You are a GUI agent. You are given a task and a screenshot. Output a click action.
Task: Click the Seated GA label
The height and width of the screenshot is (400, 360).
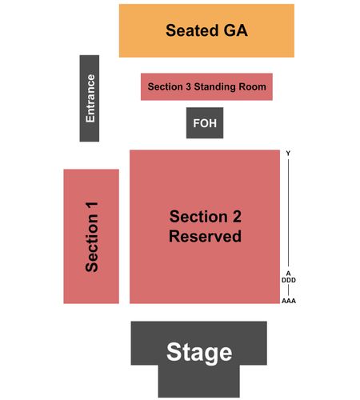pyautogui.click(x=206, y=30)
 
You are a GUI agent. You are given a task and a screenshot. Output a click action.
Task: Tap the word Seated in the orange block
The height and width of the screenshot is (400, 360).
pyautogui.click(x=192, y=30)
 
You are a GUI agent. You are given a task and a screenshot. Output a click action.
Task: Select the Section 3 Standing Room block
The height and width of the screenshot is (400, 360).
pyautogui.click(x=206, y=86)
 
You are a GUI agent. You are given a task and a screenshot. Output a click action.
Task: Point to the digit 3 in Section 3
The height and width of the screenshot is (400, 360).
pyautogui.click(x=188, y=86)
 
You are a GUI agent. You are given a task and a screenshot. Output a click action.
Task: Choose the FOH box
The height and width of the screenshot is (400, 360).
pyautogui.click(x=205, y=123)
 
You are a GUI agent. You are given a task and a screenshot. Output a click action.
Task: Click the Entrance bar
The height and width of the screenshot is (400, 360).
pyautogui.click(x=90, y=98)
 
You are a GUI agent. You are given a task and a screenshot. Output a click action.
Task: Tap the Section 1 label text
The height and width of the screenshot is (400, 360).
pyautogui.click(x=92, y=237)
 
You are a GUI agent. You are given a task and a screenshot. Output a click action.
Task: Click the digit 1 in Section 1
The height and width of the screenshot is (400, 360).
pyautogui.click(x=92, y=207)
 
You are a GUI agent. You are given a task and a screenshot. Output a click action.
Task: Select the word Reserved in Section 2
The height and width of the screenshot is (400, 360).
pyautogui.click(x=205, y=236)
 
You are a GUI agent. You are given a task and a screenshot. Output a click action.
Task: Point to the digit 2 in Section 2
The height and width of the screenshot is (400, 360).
pyautogui.click(x=237, y=216)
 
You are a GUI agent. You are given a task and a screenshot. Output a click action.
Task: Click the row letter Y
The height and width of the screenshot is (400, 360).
pyautogui.click(x=288, y=153)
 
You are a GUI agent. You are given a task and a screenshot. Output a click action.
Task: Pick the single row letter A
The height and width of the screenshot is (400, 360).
pyautogui.click(x=288, y=274)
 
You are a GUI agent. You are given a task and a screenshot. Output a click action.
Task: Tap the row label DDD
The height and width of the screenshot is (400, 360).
pyautogui.click(x=289, y=280)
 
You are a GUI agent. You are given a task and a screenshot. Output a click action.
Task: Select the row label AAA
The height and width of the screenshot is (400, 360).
pyautogui.click(x=289, y=301)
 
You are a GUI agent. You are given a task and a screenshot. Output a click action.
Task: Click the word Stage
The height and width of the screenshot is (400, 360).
pyautogui.click(x=199, y=353)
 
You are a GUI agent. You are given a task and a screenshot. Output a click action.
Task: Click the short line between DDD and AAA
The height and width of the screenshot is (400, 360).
pyautogui.click(x=288, y=290)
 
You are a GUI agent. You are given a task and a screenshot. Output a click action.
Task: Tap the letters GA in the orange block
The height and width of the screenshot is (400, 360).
pyautogui.click(x=236, y=30)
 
